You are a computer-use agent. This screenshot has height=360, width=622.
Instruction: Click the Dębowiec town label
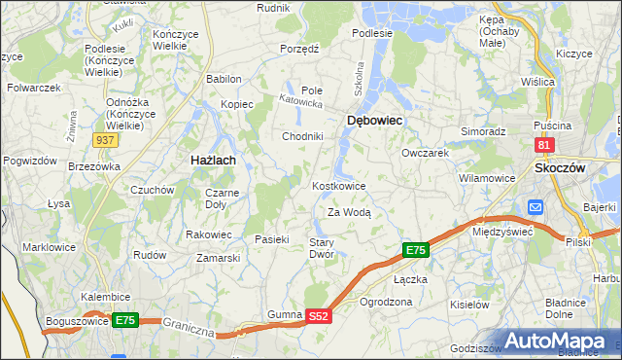[374, 120]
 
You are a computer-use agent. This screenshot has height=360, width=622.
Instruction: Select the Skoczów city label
[560, 167]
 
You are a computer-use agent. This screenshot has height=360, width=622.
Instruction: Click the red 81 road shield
[544, 145]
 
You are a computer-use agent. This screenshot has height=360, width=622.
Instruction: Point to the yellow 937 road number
[106, 140]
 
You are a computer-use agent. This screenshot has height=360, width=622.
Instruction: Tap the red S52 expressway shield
[320, 316]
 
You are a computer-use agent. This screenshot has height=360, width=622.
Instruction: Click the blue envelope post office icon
[536, 207]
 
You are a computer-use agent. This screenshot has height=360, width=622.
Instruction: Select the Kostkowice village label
[338, 186]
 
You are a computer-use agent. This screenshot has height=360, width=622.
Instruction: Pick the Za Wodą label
[349, 211]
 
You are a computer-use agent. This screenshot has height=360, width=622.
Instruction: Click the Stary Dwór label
[322, 248]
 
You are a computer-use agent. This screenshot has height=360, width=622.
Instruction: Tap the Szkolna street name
[359, 76]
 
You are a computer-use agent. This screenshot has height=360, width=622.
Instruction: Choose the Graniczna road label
[189, 328]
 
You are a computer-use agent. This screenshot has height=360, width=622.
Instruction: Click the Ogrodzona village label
[386, 302]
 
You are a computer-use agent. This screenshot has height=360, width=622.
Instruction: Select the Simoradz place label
[483, 130]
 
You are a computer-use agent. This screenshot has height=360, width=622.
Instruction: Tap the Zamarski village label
[218, 258]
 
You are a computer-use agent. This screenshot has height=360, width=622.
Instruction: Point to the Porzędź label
[299, 48]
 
